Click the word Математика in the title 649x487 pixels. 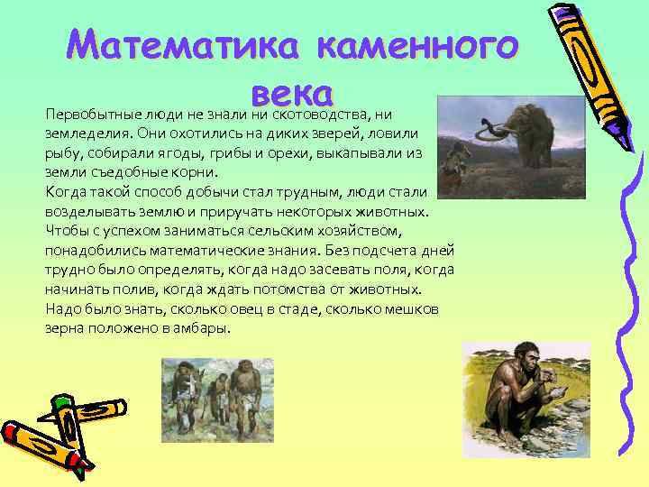tap(167, 42)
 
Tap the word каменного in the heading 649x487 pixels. tap(419, 42)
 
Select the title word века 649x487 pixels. tap(293, 91)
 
